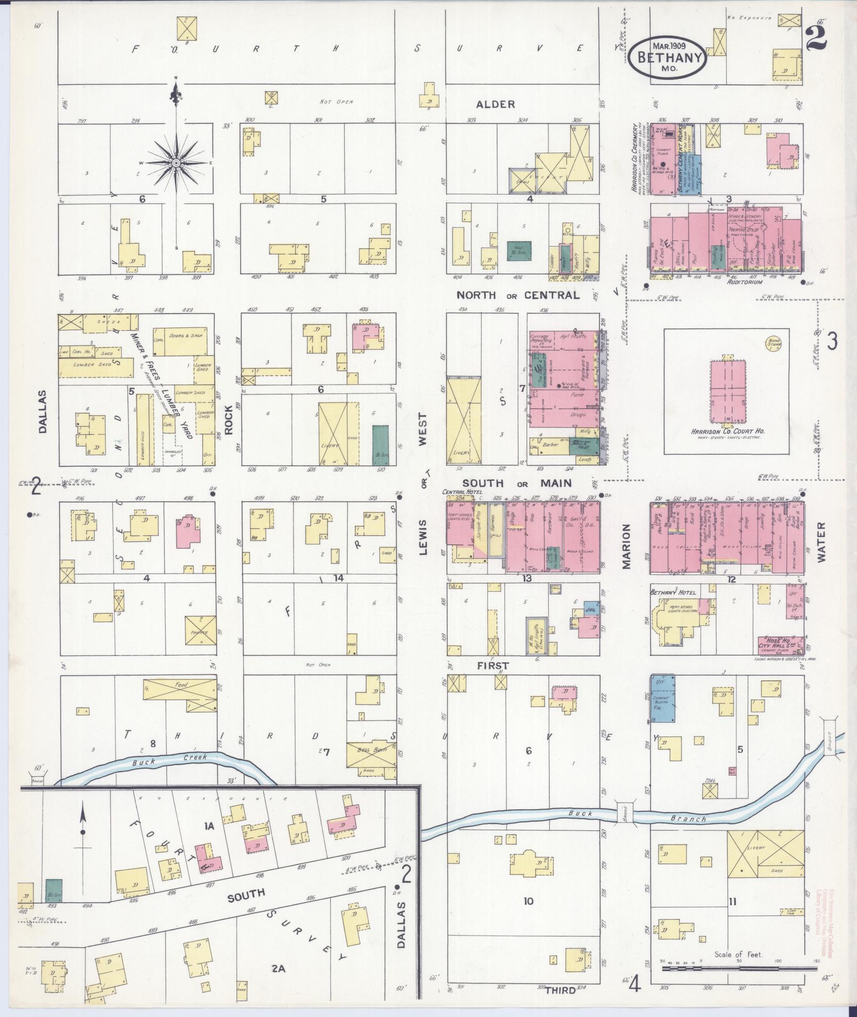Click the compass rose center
pos(175,162)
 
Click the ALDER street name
pos(495,104)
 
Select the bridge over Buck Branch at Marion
pos(625,814)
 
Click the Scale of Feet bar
pos(739,969)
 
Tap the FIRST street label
pos(492,665)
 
